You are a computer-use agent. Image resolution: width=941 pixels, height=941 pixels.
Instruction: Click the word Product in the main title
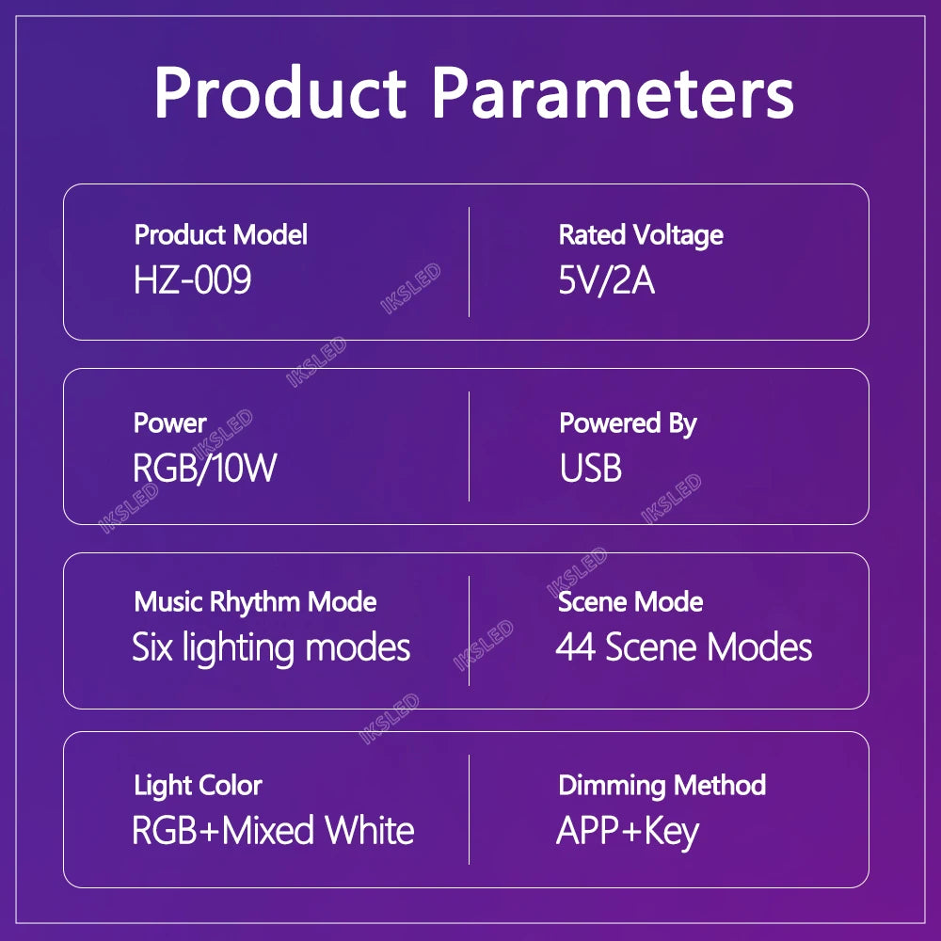279,92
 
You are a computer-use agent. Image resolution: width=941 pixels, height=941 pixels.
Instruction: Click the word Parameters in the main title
613,92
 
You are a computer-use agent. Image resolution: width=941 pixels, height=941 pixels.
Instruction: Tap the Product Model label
220,234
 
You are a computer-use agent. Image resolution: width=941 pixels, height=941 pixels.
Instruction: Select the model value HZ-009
193,279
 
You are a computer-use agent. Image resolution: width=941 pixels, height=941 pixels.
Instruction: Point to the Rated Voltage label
641,234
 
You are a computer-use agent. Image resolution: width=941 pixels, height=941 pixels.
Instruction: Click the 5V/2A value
606,279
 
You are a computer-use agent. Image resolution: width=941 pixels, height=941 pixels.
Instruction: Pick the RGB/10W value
204,467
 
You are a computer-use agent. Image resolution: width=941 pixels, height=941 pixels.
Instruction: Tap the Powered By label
628,423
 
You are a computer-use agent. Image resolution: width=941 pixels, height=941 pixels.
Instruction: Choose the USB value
590,467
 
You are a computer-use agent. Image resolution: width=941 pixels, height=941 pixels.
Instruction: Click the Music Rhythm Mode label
255,601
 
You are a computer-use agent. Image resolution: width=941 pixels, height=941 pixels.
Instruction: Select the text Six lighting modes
271,647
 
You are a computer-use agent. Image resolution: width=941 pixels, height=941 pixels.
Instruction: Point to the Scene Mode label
630,601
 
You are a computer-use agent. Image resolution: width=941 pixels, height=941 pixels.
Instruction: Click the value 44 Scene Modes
684,647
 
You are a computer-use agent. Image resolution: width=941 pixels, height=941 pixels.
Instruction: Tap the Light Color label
198,785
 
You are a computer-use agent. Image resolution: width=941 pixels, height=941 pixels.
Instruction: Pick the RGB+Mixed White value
273,830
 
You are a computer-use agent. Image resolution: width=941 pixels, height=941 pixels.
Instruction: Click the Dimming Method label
662,785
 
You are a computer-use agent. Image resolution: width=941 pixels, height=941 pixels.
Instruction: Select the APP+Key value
628,831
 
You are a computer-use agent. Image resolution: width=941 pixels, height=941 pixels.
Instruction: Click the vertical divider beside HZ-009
469,262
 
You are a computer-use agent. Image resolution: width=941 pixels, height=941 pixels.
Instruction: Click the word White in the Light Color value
370,830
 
